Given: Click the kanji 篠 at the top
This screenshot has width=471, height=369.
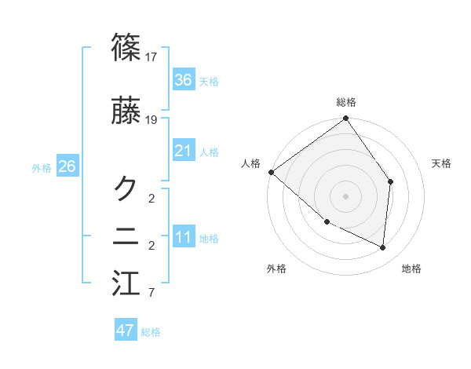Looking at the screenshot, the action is tap(126, 48).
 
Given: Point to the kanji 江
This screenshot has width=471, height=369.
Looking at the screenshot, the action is tap(126, 283).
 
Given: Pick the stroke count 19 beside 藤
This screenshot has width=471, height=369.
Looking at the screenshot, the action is tap(152, 120).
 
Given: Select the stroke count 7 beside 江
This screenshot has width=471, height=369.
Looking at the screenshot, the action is tap(151, 294).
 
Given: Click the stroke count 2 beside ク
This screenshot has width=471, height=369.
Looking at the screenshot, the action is tap(151, 197).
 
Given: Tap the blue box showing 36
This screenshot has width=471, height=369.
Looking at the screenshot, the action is tap(184, 80).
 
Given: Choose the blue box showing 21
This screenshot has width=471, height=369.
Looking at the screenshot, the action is tap(184, 151).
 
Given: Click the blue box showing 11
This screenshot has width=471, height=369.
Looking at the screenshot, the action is tap(184, 237).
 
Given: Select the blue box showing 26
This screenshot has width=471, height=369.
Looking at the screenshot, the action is tap(67, 166).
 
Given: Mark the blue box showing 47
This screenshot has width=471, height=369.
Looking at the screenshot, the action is tap(126, 331).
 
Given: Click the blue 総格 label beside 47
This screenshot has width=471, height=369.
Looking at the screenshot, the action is tap(151, 332).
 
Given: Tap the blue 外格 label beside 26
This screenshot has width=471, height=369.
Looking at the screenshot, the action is tap(42, 167).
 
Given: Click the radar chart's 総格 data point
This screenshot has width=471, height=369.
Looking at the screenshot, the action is tap(345, 119).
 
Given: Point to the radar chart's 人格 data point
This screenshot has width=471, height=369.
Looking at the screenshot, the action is tap(271, 172).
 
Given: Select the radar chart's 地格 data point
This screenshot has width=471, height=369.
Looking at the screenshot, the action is tap(382, 247).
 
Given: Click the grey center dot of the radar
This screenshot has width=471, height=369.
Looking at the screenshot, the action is tap(345, 195).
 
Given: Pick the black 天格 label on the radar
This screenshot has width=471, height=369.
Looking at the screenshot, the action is tap(442, 163).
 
